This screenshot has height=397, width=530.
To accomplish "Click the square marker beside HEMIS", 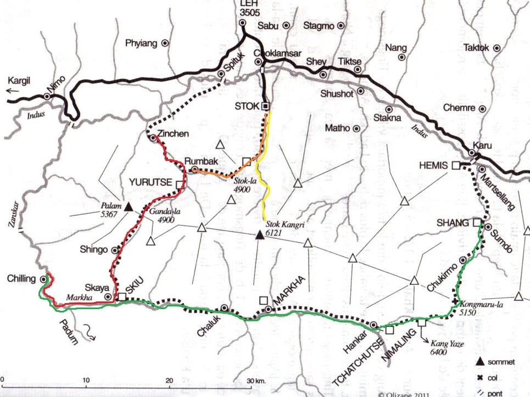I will [x=455, y=165].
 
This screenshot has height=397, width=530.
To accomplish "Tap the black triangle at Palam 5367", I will [x=129, y=207].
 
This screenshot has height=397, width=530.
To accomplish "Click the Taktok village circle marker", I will [x=496, y=48].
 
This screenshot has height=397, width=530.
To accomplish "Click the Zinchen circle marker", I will [x=153, y=138].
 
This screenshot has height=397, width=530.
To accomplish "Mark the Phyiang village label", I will [x=141, y=43].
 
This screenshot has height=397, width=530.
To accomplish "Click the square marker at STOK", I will [x=265, y=106].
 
